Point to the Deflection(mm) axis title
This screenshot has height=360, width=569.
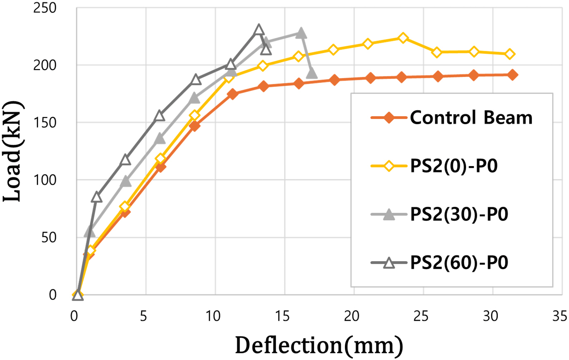(x=319, y=346)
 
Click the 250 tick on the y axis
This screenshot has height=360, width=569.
(x=45, y=8)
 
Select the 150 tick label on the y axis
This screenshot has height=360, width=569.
(x=45, y=123)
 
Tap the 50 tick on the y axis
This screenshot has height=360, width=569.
(x=48, y=238)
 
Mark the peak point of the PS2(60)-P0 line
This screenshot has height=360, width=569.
(x=259, y=30)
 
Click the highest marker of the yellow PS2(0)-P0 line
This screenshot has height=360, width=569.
(x=403, y=38)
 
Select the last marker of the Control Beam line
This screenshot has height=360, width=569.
(x=512, y=75)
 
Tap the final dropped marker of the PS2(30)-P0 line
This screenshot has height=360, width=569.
(x=312, y=74)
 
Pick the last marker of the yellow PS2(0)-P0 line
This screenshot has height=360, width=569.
(x=510, y=54)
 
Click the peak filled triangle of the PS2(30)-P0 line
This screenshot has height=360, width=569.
(x=301, y=33)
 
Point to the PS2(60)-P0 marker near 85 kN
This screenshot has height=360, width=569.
(x=96, y=197)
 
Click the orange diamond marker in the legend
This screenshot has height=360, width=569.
(x=389, y=118)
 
